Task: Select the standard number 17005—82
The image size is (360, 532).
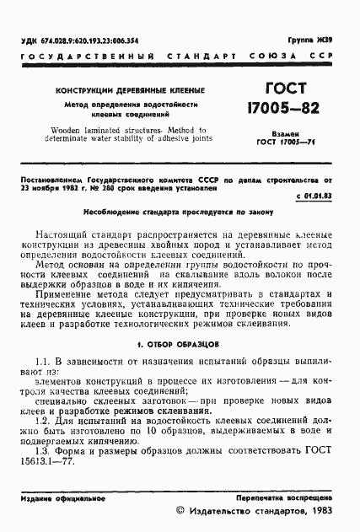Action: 279,110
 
